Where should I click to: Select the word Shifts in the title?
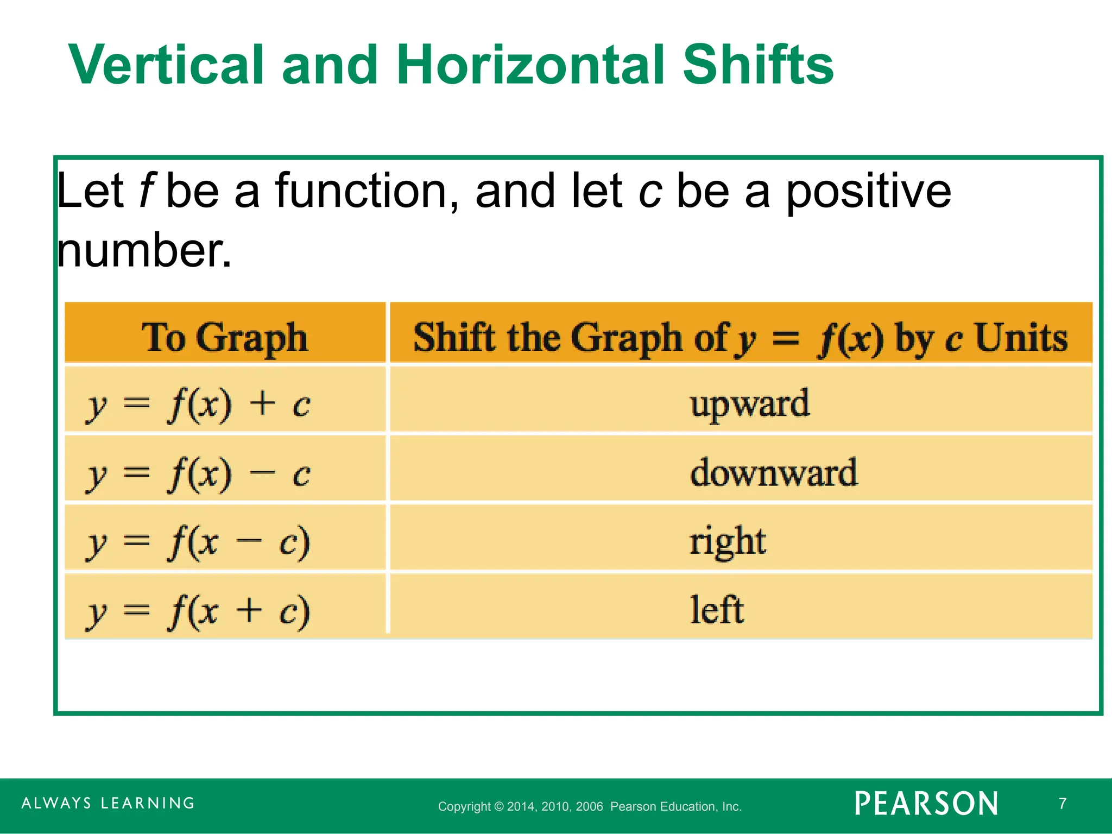758,65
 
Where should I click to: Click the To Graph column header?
225,338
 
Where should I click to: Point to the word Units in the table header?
1021,338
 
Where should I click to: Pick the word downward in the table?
774,472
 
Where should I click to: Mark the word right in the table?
728,542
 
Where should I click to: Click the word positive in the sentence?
868,191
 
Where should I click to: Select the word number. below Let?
144,251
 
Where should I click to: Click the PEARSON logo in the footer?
926,804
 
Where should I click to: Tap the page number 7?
1063,803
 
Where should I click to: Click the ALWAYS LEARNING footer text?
108,803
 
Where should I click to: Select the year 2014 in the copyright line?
521,806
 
